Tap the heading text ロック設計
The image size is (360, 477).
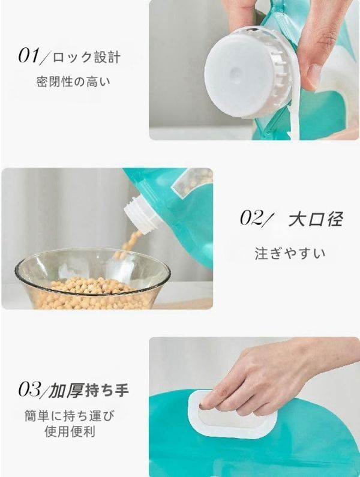click(86, 57)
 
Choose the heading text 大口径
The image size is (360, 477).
click(315, 220)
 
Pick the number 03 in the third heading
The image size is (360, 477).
click(29, 391)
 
